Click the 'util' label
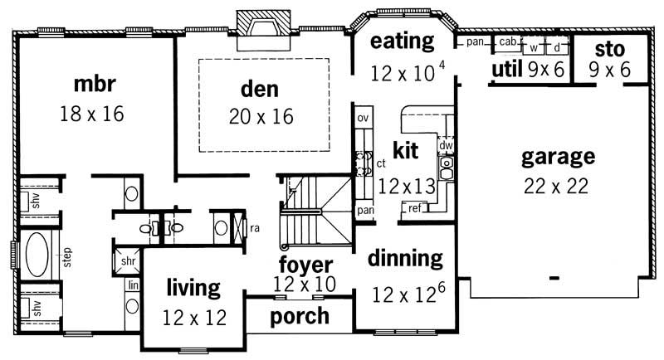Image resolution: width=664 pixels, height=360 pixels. coord(506,69)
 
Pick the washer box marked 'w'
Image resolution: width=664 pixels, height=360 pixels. coord(535,47)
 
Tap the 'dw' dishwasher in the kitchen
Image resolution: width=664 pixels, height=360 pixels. coord(446,145)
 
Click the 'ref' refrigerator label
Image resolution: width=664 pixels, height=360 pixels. coord(413,208)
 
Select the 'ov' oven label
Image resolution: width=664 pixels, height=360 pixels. coord(362,119)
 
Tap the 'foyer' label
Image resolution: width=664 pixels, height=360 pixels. coord(305,265)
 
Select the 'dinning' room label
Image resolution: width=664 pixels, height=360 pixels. coord(407,258)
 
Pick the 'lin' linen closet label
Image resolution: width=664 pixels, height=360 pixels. coord(133,285)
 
